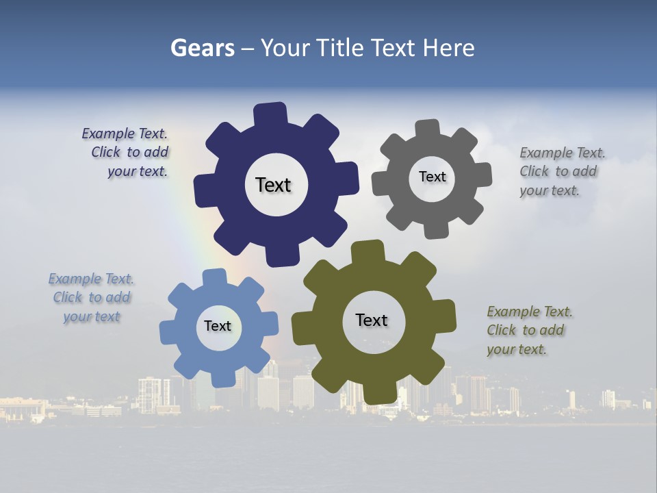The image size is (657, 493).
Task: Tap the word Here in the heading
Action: [448, 48]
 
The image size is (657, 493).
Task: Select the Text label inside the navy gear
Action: [273, 185]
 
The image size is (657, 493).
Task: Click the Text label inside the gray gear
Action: [432, 177]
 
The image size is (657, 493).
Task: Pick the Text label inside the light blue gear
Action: [217, 326]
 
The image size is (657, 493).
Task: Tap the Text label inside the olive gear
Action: [371, 320]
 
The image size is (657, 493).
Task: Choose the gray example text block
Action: [561, 171]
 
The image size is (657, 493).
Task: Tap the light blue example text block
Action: [92, 298]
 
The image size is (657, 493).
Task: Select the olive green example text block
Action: [528, 330]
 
